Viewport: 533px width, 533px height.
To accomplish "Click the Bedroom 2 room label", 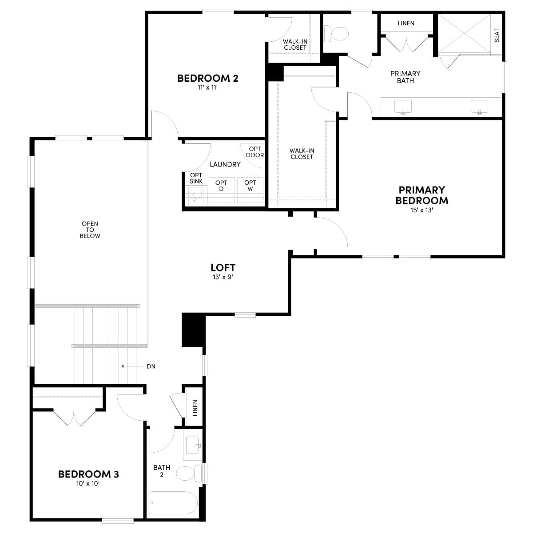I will [x=207, y=79].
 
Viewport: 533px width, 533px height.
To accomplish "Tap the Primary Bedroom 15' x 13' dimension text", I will [x=422, y=210].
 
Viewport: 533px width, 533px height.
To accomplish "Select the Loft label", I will [x=223, y=268].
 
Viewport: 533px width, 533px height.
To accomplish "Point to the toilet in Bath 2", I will [x=187, y=473].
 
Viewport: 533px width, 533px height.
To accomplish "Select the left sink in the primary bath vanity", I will [x=403, y=107].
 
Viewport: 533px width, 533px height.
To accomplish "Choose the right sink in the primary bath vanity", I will [x=479, y=107].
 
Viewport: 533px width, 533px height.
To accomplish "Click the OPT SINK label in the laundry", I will [x=196, y=178].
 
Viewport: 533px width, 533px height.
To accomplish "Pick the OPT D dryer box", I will [x=221, y=190].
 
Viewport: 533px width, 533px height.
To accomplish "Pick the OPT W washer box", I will [x=250, y=190].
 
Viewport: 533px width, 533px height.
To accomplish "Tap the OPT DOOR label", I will [x=255, y=152].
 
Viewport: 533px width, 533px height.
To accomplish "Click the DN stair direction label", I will [x=151, y=366].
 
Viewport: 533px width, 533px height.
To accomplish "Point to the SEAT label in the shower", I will [x=497, y=35].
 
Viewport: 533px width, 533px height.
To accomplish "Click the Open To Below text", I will [x=90, y=230].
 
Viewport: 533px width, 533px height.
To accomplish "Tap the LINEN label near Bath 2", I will [x=195, y=408].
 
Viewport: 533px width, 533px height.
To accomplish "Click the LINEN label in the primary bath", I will [x=406, y=23].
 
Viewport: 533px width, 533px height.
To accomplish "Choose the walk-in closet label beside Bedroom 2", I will [x=295, y=44].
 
